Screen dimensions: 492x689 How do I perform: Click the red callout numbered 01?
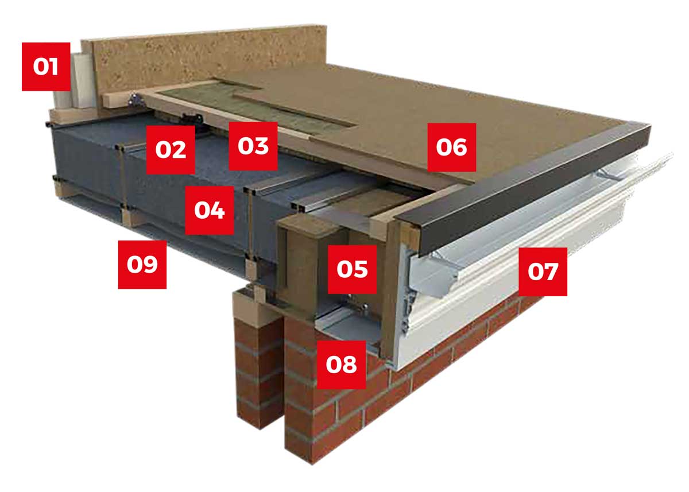click(x=46, y=67)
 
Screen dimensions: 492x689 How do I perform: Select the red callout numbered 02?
click(x=171, y=149)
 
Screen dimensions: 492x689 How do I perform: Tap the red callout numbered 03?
click(x=253, y=146)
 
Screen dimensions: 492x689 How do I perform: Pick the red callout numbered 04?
click(x=210, y=210)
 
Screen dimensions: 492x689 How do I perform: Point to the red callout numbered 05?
click(x=352, y=269)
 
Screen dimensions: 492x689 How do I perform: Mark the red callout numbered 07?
click(x=543, y=272)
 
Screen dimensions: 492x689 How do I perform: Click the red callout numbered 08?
click(x=341, y=364)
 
